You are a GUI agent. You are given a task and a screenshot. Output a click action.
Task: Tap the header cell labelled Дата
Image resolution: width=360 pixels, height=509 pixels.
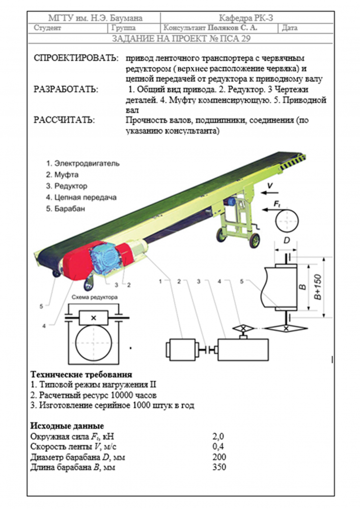(290, 29)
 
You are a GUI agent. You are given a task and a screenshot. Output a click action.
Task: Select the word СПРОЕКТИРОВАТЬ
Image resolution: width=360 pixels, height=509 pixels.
(76, 58)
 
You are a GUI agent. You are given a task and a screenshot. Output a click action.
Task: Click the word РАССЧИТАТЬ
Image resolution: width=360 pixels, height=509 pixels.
(64, 121)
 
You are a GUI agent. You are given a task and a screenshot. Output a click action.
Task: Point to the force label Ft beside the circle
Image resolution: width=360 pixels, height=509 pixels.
(277, 204)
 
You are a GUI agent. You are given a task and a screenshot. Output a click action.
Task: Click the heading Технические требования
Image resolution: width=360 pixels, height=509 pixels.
(81, 375)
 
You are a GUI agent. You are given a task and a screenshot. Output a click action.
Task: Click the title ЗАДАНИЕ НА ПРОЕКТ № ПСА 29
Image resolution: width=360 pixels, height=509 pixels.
(180, 38)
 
